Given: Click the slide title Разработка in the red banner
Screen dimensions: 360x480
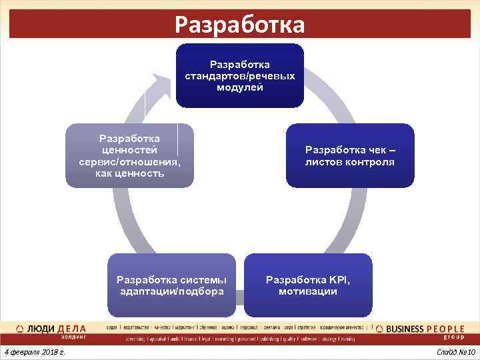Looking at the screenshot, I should pos(239,25).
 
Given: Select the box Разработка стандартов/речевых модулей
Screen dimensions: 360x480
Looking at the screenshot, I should pos(239,75).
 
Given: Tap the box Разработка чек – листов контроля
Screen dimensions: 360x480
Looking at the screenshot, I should pos(350,155).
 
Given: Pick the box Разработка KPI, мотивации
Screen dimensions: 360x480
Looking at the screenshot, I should pos(308,285).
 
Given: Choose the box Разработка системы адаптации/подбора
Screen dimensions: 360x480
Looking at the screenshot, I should pos(171,285).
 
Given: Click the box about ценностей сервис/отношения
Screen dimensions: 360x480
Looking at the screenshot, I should pos(129,155).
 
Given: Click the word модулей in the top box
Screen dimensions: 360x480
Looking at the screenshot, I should pos(240,87).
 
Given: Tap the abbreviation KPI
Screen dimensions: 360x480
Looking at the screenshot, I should pos(337,279).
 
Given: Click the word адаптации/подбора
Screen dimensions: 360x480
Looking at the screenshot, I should pos(171,291).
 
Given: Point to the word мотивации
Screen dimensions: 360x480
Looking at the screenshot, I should pos(308,291).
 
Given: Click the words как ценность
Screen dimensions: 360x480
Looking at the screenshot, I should pos(129,173).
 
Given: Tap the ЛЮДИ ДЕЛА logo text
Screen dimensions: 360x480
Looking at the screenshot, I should pos(57,328).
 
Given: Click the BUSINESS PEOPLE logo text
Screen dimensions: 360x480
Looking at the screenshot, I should pos(421,328).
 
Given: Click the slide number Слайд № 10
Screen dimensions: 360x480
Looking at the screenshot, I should pos(455,351).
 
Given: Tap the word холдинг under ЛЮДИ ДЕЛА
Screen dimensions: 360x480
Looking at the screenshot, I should pos(71,337).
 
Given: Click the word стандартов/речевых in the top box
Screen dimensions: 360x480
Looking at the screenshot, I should pos(240,76).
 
